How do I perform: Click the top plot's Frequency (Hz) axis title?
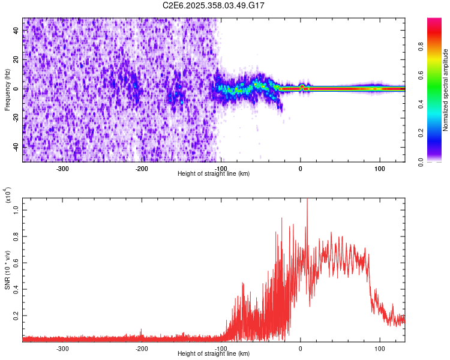pos(7,89)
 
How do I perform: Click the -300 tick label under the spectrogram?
pos(62,169)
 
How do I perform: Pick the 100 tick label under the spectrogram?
pos(379,169)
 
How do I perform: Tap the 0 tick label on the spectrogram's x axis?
pos(301,169)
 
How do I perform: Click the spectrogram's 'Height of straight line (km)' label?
pos(214,174)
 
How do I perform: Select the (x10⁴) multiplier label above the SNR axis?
pos(7,196)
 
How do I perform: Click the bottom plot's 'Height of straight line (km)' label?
pos(214,354)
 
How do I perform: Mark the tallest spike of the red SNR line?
pos(307,200)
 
